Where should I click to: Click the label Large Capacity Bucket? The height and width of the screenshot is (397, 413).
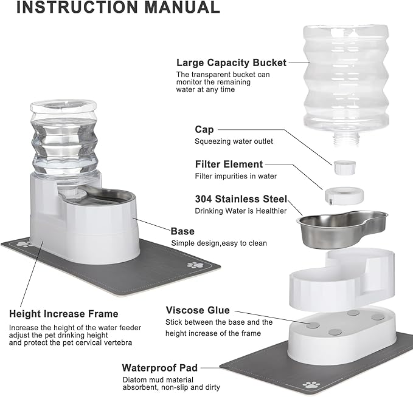231,62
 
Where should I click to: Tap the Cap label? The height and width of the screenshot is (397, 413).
204,129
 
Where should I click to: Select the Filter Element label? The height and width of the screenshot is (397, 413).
229,164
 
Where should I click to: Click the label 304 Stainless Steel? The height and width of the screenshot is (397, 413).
240,199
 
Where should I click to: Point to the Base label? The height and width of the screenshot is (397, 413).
182,231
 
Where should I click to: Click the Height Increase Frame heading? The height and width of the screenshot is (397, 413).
63,314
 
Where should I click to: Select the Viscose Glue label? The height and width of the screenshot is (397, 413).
198,310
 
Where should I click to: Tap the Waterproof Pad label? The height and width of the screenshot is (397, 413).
160,367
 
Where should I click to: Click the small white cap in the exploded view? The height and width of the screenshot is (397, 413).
344,166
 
